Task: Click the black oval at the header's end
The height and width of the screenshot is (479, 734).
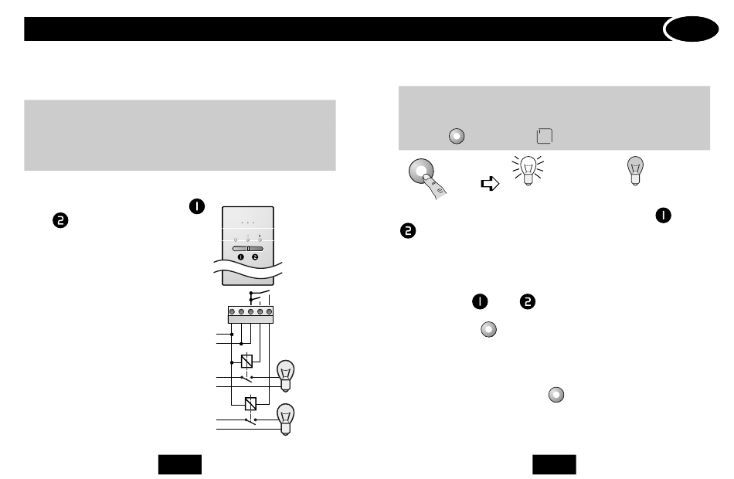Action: (692, 29)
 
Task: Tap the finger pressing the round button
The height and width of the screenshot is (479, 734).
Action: (435, 186)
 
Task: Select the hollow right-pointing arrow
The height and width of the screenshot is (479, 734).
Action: (490, 184)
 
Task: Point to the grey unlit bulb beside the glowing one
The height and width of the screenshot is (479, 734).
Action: (635, 171)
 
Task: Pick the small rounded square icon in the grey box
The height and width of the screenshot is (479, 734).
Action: (545, 136)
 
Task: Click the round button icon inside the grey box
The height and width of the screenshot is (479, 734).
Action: (457, 136)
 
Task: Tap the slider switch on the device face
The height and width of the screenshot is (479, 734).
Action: (248, 249)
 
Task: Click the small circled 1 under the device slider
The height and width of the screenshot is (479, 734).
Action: (240, 257)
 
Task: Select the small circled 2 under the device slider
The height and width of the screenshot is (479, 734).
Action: (255, 257)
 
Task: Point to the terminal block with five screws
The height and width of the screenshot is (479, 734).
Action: (250, 314)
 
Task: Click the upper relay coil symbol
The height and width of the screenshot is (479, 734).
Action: (246, 361)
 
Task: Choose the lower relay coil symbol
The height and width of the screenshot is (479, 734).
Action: (250, 403)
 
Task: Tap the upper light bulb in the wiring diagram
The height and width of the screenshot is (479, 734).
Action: (286, 375)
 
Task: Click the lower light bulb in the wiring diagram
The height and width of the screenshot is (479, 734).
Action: (286, 419)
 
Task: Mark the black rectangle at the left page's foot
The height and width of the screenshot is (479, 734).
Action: (180, 464)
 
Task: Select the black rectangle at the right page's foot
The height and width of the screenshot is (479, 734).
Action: (554, 464)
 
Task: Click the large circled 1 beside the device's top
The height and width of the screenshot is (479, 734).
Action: (197, 206)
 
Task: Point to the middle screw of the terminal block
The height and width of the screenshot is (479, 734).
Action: (250, 311)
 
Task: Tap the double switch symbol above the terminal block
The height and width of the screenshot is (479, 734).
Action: (260, 297)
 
